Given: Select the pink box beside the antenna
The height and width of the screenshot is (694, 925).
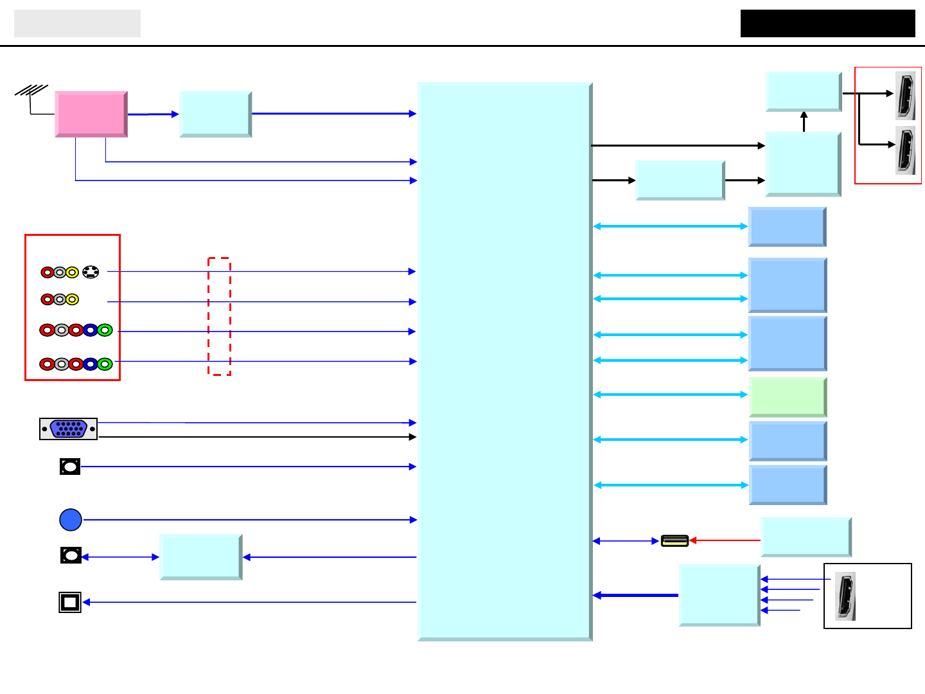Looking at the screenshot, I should click(x=91, y=114).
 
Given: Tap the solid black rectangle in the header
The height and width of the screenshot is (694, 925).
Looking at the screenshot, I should click(x=827, y=23).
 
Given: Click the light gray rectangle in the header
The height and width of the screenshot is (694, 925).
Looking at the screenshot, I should click(x=77, y=23).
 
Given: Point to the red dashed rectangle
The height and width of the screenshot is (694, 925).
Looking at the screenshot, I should click(x=219, y=316).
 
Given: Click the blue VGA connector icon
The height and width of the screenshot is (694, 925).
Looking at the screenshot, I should click(x=68, y=429).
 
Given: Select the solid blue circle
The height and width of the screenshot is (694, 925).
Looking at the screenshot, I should click(x=71, y=520).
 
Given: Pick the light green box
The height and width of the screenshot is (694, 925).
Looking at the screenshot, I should click(x=788, y=396).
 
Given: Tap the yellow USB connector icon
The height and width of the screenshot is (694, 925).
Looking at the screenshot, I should click(x=674, y=541).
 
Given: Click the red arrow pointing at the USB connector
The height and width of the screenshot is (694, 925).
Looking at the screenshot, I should click(x=725, y=540).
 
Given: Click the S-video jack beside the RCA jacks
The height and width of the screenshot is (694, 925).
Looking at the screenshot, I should click(x=91, y=272).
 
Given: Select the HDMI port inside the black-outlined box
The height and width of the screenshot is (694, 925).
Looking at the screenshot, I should click(x=846, y=596).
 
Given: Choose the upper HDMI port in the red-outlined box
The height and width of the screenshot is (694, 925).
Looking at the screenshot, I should click(x=905, y=95).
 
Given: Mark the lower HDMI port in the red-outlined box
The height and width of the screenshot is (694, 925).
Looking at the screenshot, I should click(x=905, y=151).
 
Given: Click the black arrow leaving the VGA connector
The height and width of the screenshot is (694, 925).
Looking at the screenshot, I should click(x=257, y=437).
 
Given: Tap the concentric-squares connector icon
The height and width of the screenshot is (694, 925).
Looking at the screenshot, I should click(x=70, y=602).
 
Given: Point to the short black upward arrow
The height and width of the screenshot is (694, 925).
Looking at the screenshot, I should click(x=804, y=121).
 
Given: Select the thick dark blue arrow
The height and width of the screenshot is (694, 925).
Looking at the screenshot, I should click(x=635, y=596).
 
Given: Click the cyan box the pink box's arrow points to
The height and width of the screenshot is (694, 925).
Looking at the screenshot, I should click(x=215, y=114).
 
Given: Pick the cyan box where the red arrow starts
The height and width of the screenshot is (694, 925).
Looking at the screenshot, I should click(x=806, y=537).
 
